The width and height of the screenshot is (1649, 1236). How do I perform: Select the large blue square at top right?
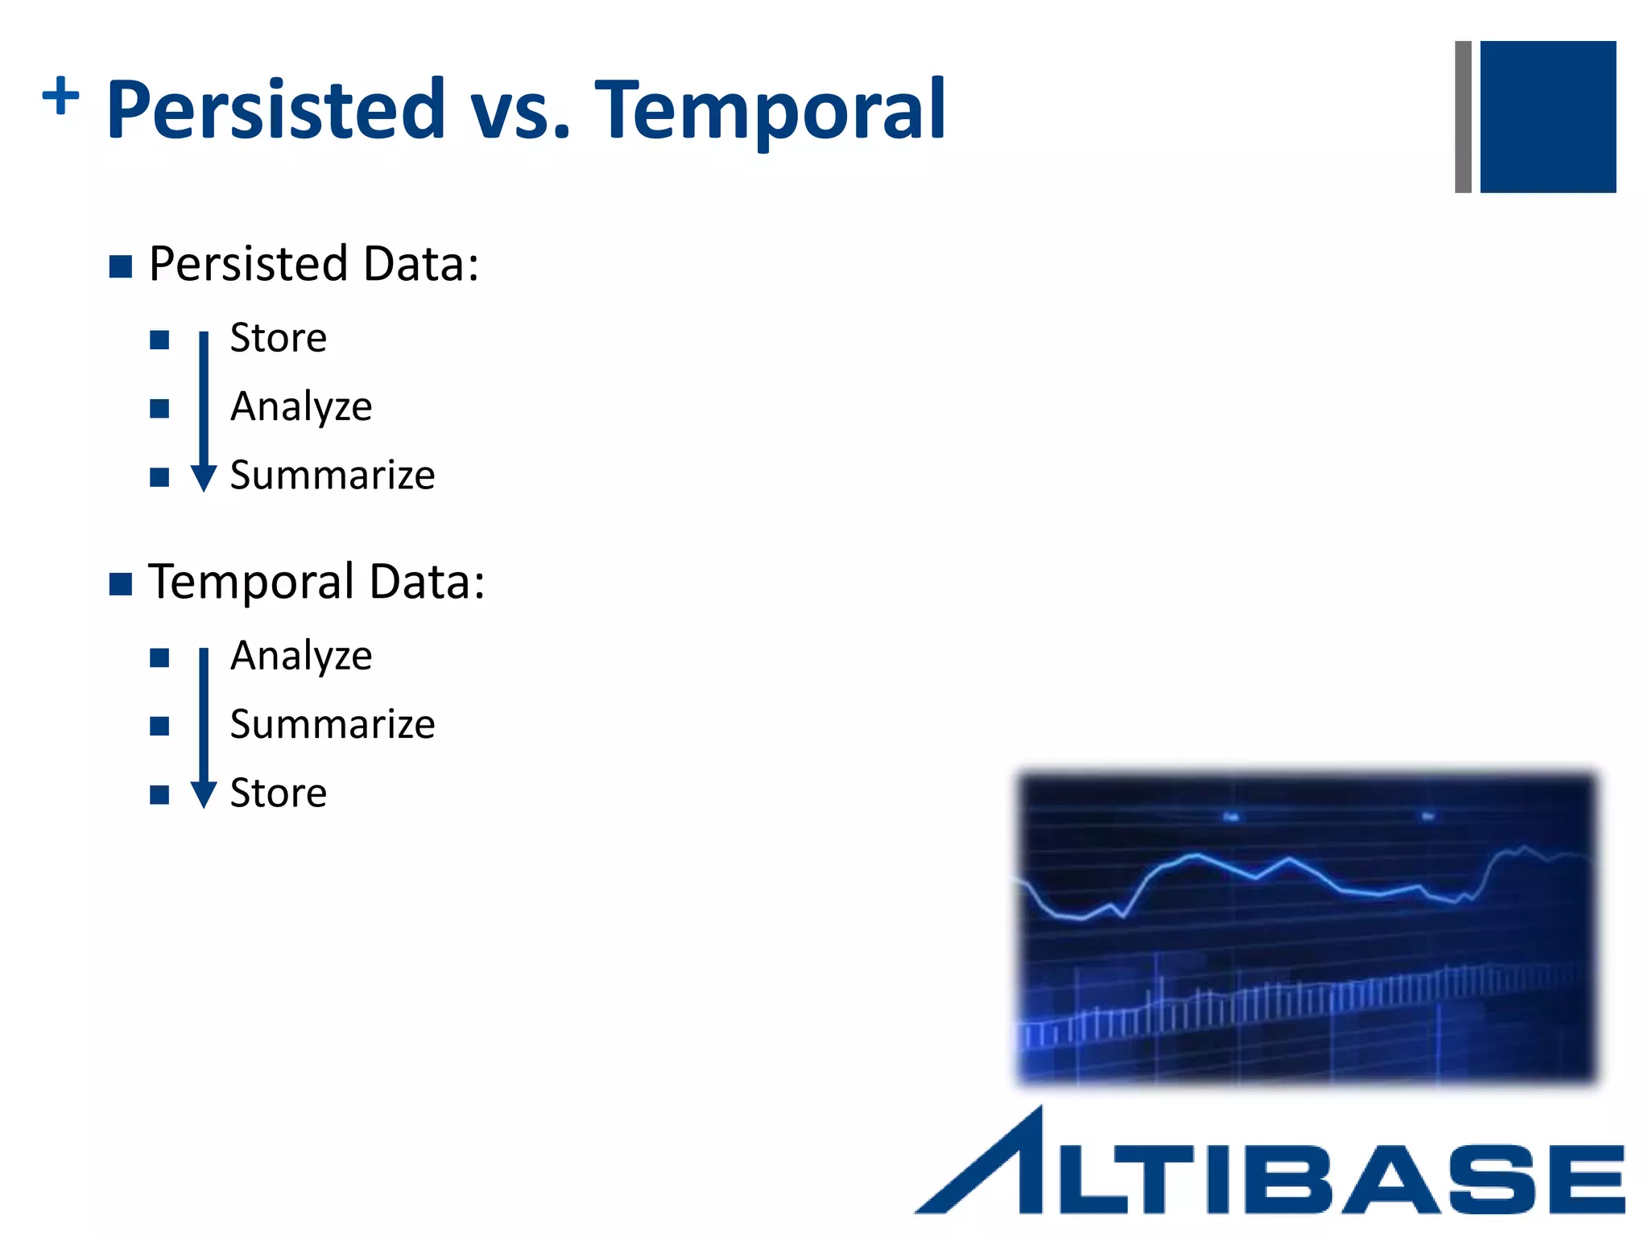click(x=1548, y=117)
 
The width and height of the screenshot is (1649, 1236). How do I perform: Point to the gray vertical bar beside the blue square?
click(x=1463, y=117)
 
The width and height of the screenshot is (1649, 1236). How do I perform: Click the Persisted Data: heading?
click(x=314, y=264)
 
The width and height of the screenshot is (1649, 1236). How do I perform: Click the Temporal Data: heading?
click(x=316, y=582)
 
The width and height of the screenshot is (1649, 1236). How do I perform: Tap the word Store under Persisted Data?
click(x=279, y=338)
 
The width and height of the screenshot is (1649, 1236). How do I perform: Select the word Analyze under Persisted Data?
click(x=301, y=406)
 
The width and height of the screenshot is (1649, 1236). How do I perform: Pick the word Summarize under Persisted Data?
click(x=333, y=475)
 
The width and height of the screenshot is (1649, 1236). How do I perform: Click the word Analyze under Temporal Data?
click(x=301, y=656)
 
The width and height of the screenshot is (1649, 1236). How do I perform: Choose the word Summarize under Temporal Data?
click(x=333, y=724)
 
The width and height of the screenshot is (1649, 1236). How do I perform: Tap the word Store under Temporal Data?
click(x=279, y=793)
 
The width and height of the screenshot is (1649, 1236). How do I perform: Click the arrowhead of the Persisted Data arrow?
click(x=204, y=478)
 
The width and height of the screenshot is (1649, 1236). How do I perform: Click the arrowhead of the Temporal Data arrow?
click(x=204, y=795)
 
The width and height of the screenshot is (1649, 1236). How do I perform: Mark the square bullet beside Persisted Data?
click(x=121, y=266)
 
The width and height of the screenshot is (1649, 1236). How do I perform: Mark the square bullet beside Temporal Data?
click(x=121, y=584)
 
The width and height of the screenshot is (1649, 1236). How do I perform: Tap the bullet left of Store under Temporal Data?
click(x=159, y=795)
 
